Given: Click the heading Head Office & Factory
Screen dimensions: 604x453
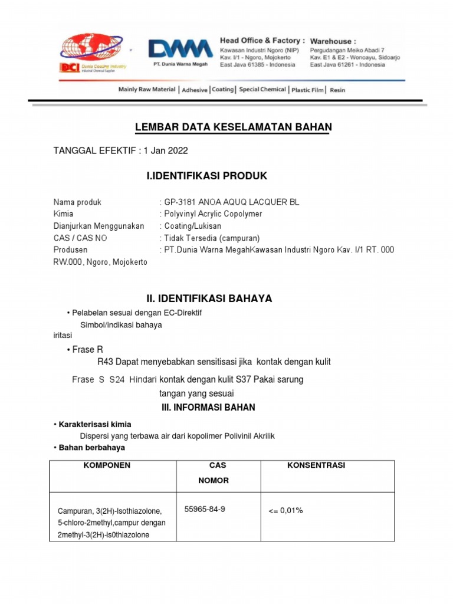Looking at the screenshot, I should (262, 41).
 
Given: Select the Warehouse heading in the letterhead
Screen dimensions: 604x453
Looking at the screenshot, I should (333, 41).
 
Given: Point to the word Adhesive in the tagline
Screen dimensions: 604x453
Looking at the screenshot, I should (195, 90).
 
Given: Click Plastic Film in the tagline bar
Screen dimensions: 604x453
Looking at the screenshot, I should (307, 90).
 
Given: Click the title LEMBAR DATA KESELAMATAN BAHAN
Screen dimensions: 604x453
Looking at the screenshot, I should (234, 127).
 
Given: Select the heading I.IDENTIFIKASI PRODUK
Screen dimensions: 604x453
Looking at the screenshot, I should (206, 176).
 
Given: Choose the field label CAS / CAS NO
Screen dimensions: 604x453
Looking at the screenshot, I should (80, 238).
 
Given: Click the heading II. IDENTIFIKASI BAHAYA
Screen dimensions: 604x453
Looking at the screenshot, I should (209, 299).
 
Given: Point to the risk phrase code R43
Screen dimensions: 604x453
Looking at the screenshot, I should (104, 362).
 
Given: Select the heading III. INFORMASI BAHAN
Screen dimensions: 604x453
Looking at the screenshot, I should (208, 408).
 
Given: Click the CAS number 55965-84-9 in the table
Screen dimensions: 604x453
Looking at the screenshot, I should (205, 509).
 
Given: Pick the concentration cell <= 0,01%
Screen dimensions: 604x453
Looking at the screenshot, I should (285, 510).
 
